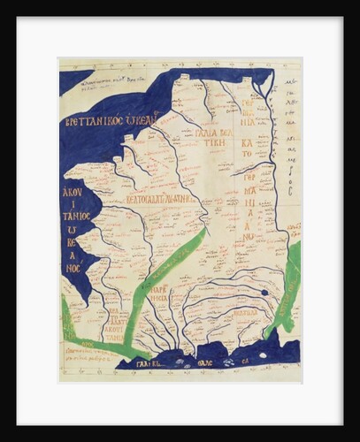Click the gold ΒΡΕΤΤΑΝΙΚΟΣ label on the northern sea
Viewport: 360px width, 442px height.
point(111,119)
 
